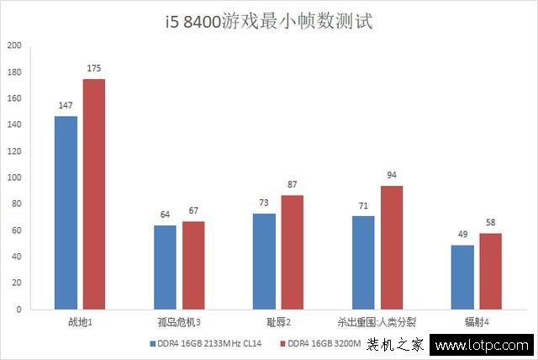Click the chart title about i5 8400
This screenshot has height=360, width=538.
click(x=268, y=21)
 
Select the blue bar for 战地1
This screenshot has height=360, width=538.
click(x=66, y=212)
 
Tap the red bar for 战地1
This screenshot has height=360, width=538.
click(x=94, y=193)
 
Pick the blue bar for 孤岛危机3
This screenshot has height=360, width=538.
click(x=165, y=267)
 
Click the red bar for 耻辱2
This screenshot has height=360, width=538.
click(x=293, y=251)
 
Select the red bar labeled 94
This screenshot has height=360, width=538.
click(x=392, y=247)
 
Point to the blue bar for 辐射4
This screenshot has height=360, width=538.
click(x=462, y=277)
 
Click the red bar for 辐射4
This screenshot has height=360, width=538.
click(x=491, y=271)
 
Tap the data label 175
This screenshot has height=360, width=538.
click(x=94, y=69)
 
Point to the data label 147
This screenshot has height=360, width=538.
click(x=66, y=106)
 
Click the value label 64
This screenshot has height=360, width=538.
click(x=165, y=215)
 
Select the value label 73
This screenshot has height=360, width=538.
click(x=264, y=204)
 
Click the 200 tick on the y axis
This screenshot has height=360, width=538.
click(x=14, y=45)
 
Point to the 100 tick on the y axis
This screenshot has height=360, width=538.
click(x=14, y=177)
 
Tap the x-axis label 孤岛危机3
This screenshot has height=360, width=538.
click(x=179, y=322)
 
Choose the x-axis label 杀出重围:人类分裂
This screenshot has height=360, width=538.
click(x=377, y=322)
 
